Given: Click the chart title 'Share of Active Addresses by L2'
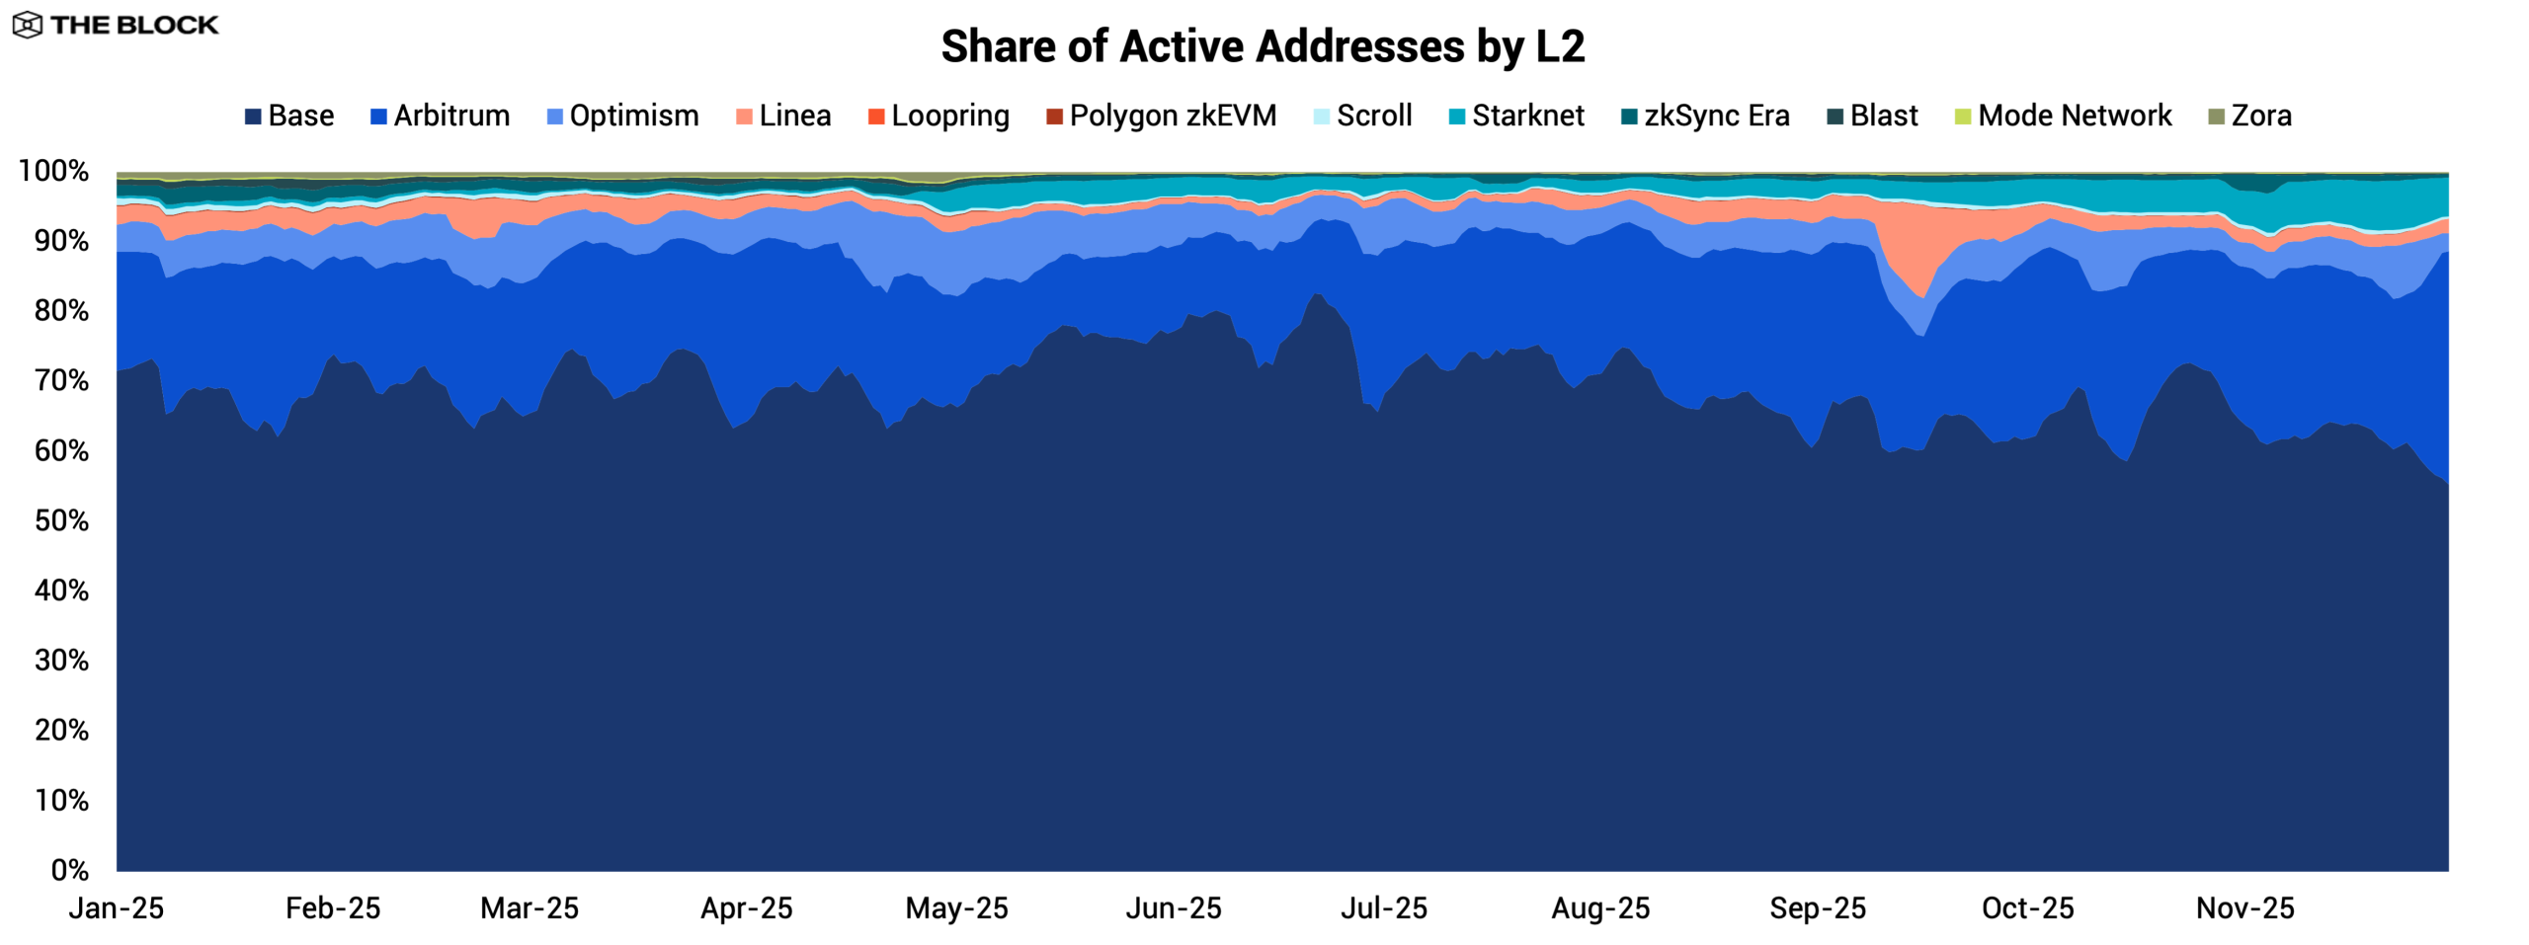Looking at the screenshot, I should click(x=1263, y=46).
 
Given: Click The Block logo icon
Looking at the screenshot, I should click(x=27, y=25).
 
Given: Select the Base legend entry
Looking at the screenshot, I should click(x=289, y=116).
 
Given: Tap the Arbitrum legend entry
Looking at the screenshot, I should click(x=440, y=116).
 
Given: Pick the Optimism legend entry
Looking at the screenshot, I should click(x=622, y=116).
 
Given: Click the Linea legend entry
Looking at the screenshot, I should click(x=783, y=116).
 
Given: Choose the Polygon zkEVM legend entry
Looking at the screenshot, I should click(x=1161, y=116).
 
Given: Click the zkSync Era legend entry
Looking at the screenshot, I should click(x=1705, y=116).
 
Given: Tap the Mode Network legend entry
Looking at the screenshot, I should click(x=2063, y=116).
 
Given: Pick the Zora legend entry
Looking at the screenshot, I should click(x=2249, y=116).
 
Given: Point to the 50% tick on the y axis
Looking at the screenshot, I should click(x=62, y=520).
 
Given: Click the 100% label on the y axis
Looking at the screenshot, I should click(x=54, y=171).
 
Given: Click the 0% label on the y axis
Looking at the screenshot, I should click(x=70, y=870).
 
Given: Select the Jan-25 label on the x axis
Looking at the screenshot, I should click(x=117, y=907).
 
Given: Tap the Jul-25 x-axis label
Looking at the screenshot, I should click(x=1383, y=907).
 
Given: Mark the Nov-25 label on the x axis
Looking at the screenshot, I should click(x=2244, y=907).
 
